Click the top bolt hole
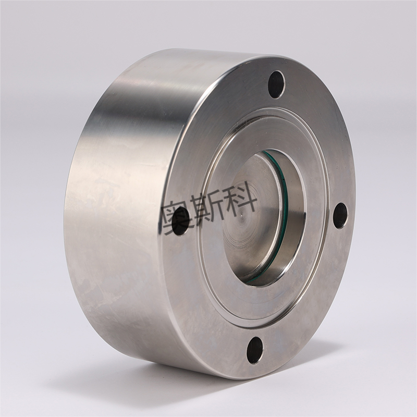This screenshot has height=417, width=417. coord(277,84)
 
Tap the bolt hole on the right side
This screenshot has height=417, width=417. coord(341,215)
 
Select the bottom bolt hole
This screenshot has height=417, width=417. coord(255,350)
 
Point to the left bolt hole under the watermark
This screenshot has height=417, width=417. coord(181,221)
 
